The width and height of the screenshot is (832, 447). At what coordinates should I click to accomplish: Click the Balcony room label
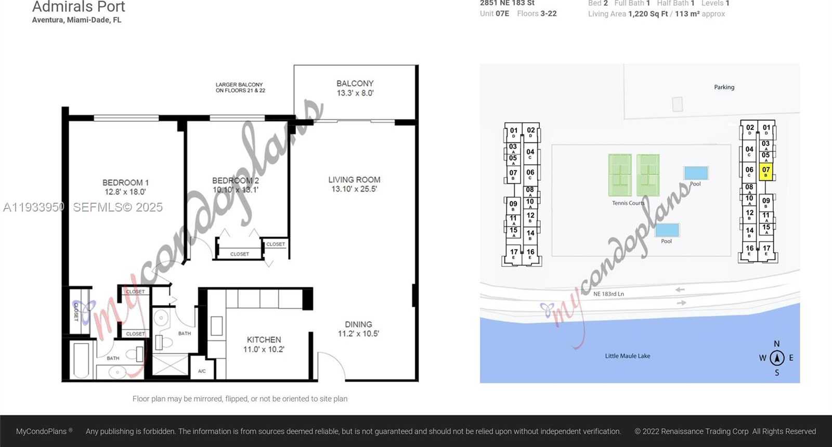pos(355,83)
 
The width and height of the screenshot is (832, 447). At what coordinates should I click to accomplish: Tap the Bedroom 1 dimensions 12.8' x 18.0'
pos(125,192)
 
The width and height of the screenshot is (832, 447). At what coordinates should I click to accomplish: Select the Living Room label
pos(354,179)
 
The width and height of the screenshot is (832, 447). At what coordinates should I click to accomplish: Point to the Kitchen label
pos(264,339)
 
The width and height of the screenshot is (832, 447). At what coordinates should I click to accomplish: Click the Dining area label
pos(358,324)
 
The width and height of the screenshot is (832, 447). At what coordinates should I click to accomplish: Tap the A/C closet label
pos(202,371)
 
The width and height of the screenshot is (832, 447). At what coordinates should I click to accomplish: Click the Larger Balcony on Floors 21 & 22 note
pos(240,87)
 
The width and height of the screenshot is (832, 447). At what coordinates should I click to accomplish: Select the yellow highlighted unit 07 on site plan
pos(765,170)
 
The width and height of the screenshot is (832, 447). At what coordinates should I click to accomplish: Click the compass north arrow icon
pos(777,358)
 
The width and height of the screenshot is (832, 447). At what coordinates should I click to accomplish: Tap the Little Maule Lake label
pos(627,356)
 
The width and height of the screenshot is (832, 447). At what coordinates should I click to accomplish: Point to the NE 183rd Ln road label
pos(608,294)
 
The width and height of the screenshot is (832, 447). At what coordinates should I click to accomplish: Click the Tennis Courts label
pos(628,203)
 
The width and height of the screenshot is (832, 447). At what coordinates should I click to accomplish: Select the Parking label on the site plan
pos(724,87)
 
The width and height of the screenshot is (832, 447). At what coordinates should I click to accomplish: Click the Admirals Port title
pos(79,7)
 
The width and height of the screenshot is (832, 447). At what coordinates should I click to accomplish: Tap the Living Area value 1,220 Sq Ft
pos(647,14)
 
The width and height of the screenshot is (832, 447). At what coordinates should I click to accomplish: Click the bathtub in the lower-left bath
pos(81,359)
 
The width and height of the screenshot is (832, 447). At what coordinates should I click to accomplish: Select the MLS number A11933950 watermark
pos(34,207)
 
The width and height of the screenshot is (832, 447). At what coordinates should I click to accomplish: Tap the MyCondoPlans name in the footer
pos(41,431)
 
